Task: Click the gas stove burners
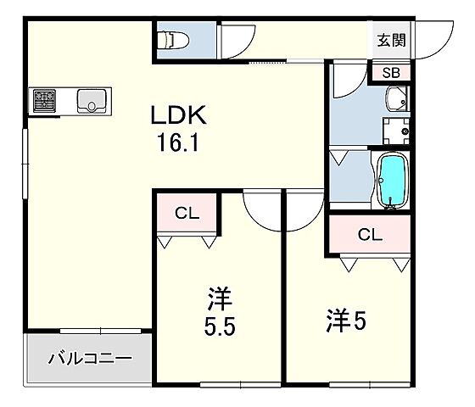(x=45, y=101)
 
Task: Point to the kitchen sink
(x=89, y=101)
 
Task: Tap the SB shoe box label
(x=391, y=73)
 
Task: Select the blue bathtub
(x=391, y=180)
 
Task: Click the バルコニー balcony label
(x=90, y=359)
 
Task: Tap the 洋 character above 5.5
(x=219, y=300)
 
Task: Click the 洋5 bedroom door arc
(x=304, y=209)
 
